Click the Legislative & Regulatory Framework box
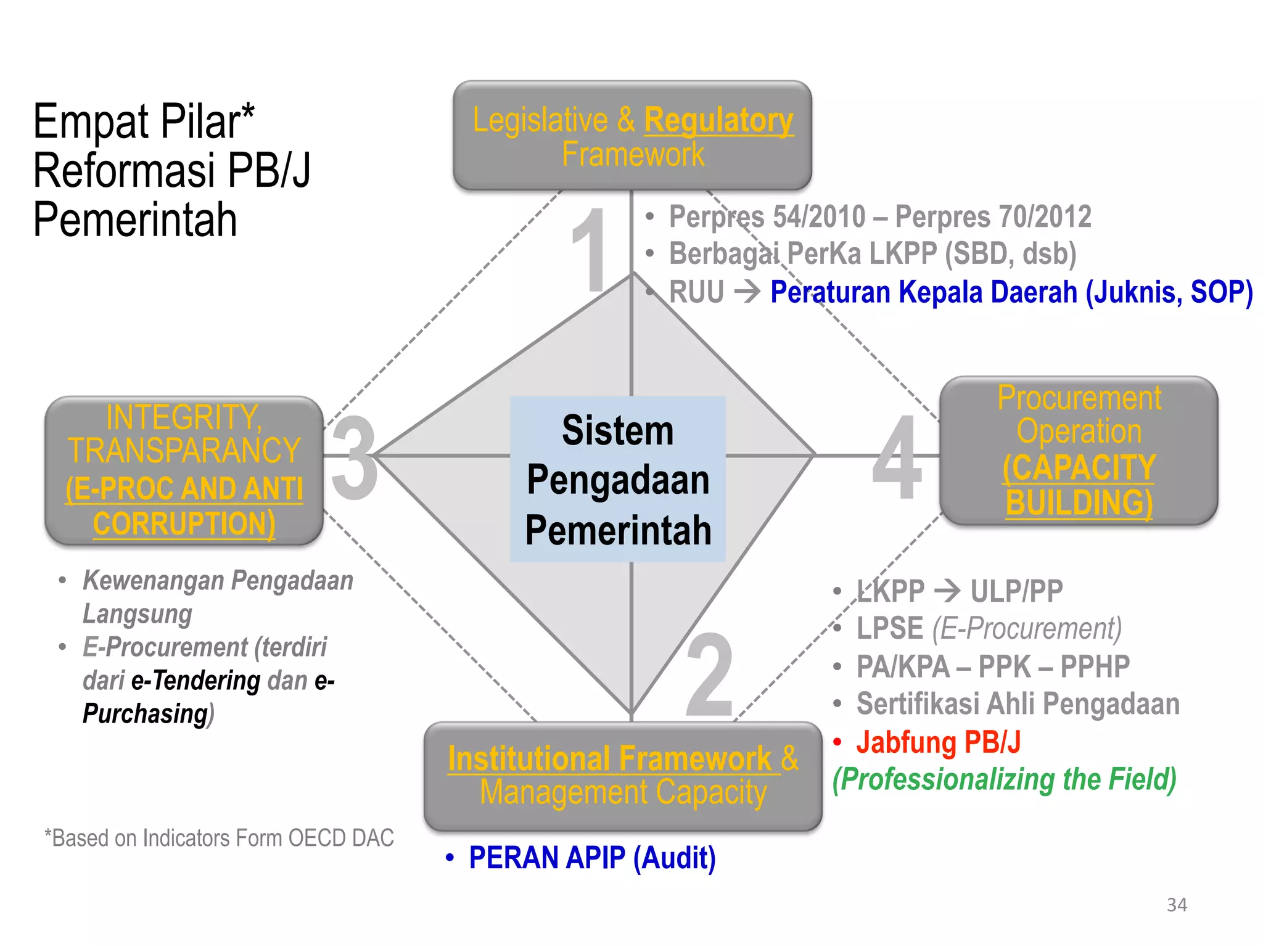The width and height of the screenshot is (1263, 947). tap(632, 136)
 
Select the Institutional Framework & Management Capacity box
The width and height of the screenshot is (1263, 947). tap(623, 776)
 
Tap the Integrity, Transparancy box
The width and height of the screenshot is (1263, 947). tap(184, 470)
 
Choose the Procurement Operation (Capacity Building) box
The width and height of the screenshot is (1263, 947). tap(1079, 451)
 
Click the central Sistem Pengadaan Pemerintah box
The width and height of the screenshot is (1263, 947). tap(618, 479)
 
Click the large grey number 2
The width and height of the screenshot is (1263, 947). tap(709, 675)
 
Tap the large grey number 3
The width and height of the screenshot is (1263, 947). tap(354, 457)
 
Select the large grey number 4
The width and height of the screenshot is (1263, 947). tap(897, 457)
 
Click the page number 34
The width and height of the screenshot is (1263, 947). tap(1177, 904)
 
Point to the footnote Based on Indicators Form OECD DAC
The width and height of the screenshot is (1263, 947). tap(219, 838)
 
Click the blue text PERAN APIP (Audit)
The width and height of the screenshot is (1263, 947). tap(592, 858)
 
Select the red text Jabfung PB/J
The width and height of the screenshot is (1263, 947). tap(938, 742)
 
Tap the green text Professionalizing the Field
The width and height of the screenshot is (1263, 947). tap(1005, 779)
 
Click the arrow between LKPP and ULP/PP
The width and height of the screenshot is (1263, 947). tap(947, 591)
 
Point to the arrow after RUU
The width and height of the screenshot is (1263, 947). tap(747, 292)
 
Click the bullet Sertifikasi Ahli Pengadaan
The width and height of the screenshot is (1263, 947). tap(1018, 703)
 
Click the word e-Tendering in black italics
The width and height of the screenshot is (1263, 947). tap(196, 681)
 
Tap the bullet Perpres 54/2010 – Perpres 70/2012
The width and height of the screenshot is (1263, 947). tap(880, 216)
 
